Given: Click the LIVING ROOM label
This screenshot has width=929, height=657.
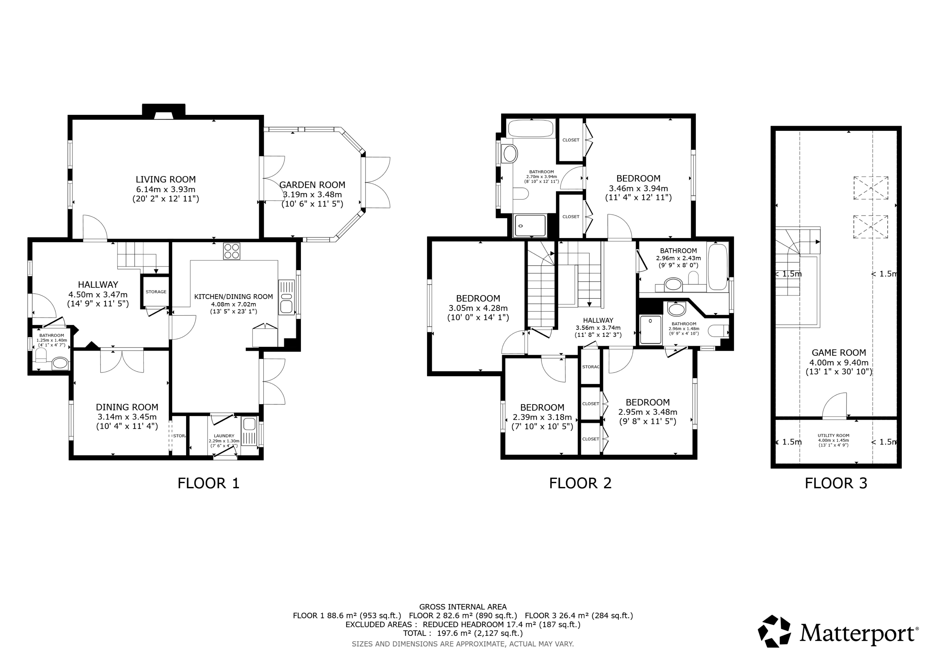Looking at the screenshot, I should pos(165,179).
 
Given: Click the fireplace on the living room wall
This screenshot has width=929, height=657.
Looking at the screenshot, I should pos(164,113).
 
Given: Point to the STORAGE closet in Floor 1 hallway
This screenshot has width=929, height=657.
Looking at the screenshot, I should pos(156,292).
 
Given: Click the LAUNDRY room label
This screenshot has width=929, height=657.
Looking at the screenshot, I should pos(224,436).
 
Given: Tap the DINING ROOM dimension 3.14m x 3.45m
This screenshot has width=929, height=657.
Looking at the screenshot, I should pos(127,417).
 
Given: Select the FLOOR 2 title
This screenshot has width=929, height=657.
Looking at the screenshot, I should pos(580,483).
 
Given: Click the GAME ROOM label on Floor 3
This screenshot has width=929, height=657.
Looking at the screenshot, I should pos(838,352).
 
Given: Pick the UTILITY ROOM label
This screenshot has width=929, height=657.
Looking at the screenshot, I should pos(833,436).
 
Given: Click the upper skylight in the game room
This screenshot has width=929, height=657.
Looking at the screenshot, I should pos(871,188).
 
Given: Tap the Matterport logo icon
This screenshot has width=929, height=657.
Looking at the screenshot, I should pos(774,631).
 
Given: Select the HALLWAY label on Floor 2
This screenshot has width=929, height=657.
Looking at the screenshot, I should pos(598,320).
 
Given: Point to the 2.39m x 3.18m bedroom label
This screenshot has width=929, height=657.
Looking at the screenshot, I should pos(542,407).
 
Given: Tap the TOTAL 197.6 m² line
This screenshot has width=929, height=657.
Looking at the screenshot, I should pos(462,633).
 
